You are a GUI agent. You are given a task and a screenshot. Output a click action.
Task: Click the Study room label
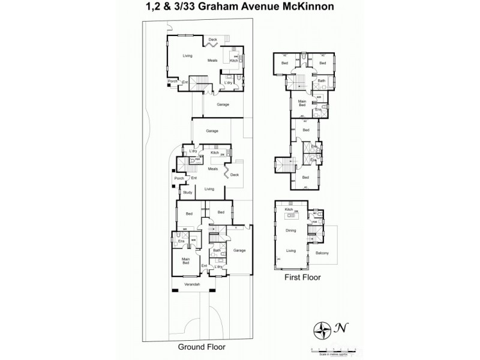(187, 192)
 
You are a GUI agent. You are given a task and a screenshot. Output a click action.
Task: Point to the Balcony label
(323, 252)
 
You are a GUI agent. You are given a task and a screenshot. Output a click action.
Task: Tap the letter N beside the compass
(340, 328)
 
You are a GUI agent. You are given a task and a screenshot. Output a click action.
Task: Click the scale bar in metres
(333, 348)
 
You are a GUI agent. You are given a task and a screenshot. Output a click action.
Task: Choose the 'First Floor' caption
(302, 278)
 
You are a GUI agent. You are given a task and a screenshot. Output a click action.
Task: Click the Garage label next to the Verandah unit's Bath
(239, 250)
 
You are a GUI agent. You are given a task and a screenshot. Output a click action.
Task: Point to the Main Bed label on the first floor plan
(302, 103)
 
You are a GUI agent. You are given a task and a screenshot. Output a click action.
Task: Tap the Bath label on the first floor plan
(322, 81)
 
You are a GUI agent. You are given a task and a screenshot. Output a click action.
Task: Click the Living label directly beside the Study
(209, 189)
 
